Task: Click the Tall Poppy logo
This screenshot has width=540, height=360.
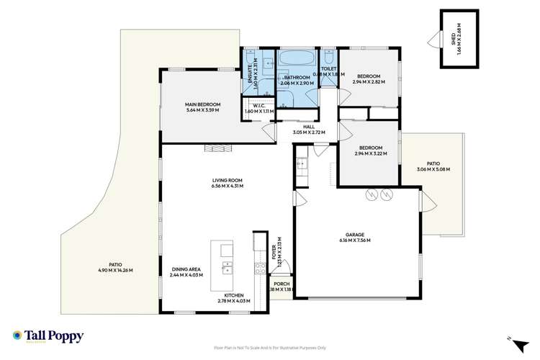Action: pos(48,336)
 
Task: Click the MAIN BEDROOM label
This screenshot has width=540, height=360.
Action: pos(202,105)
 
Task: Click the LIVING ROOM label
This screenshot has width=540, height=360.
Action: pos(227,181)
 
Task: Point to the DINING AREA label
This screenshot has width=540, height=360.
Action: pos(186,269)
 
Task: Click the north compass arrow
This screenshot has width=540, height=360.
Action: pos(509,338)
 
